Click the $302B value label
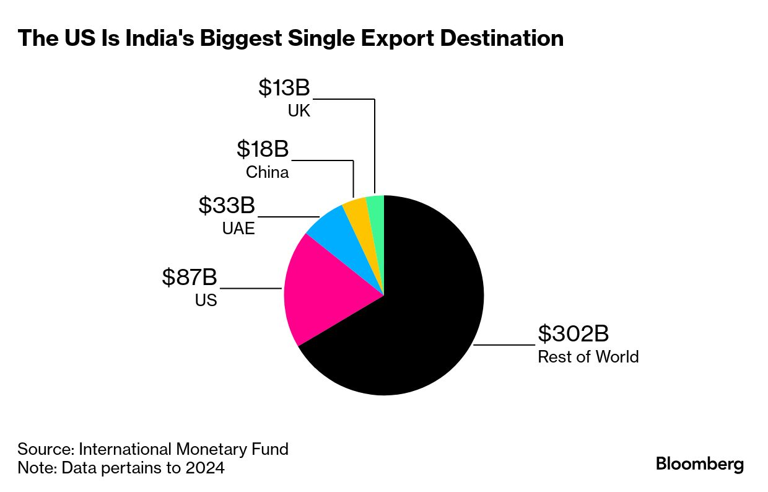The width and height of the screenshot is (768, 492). [573, 334]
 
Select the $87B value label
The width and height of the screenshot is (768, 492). [190, 278]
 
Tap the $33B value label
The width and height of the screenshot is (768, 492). [227, 205]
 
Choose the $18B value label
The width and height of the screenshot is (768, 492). [263, 149]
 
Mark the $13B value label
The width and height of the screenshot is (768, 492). [284, 88]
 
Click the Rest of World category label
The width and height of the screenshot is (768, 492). [588, 357]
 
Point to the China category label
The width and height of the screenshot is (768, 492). [267, 172]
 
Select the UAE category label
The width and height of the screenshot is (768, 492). [238, 228]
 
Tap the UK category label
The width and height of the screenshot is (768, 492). [299, 112]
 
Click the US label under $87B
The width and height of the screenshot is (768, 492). [206, 301]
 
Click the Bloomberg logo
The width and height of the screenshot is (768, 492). [700, 464]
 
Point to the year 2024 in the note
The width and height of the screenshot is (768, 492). [205, 468]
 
